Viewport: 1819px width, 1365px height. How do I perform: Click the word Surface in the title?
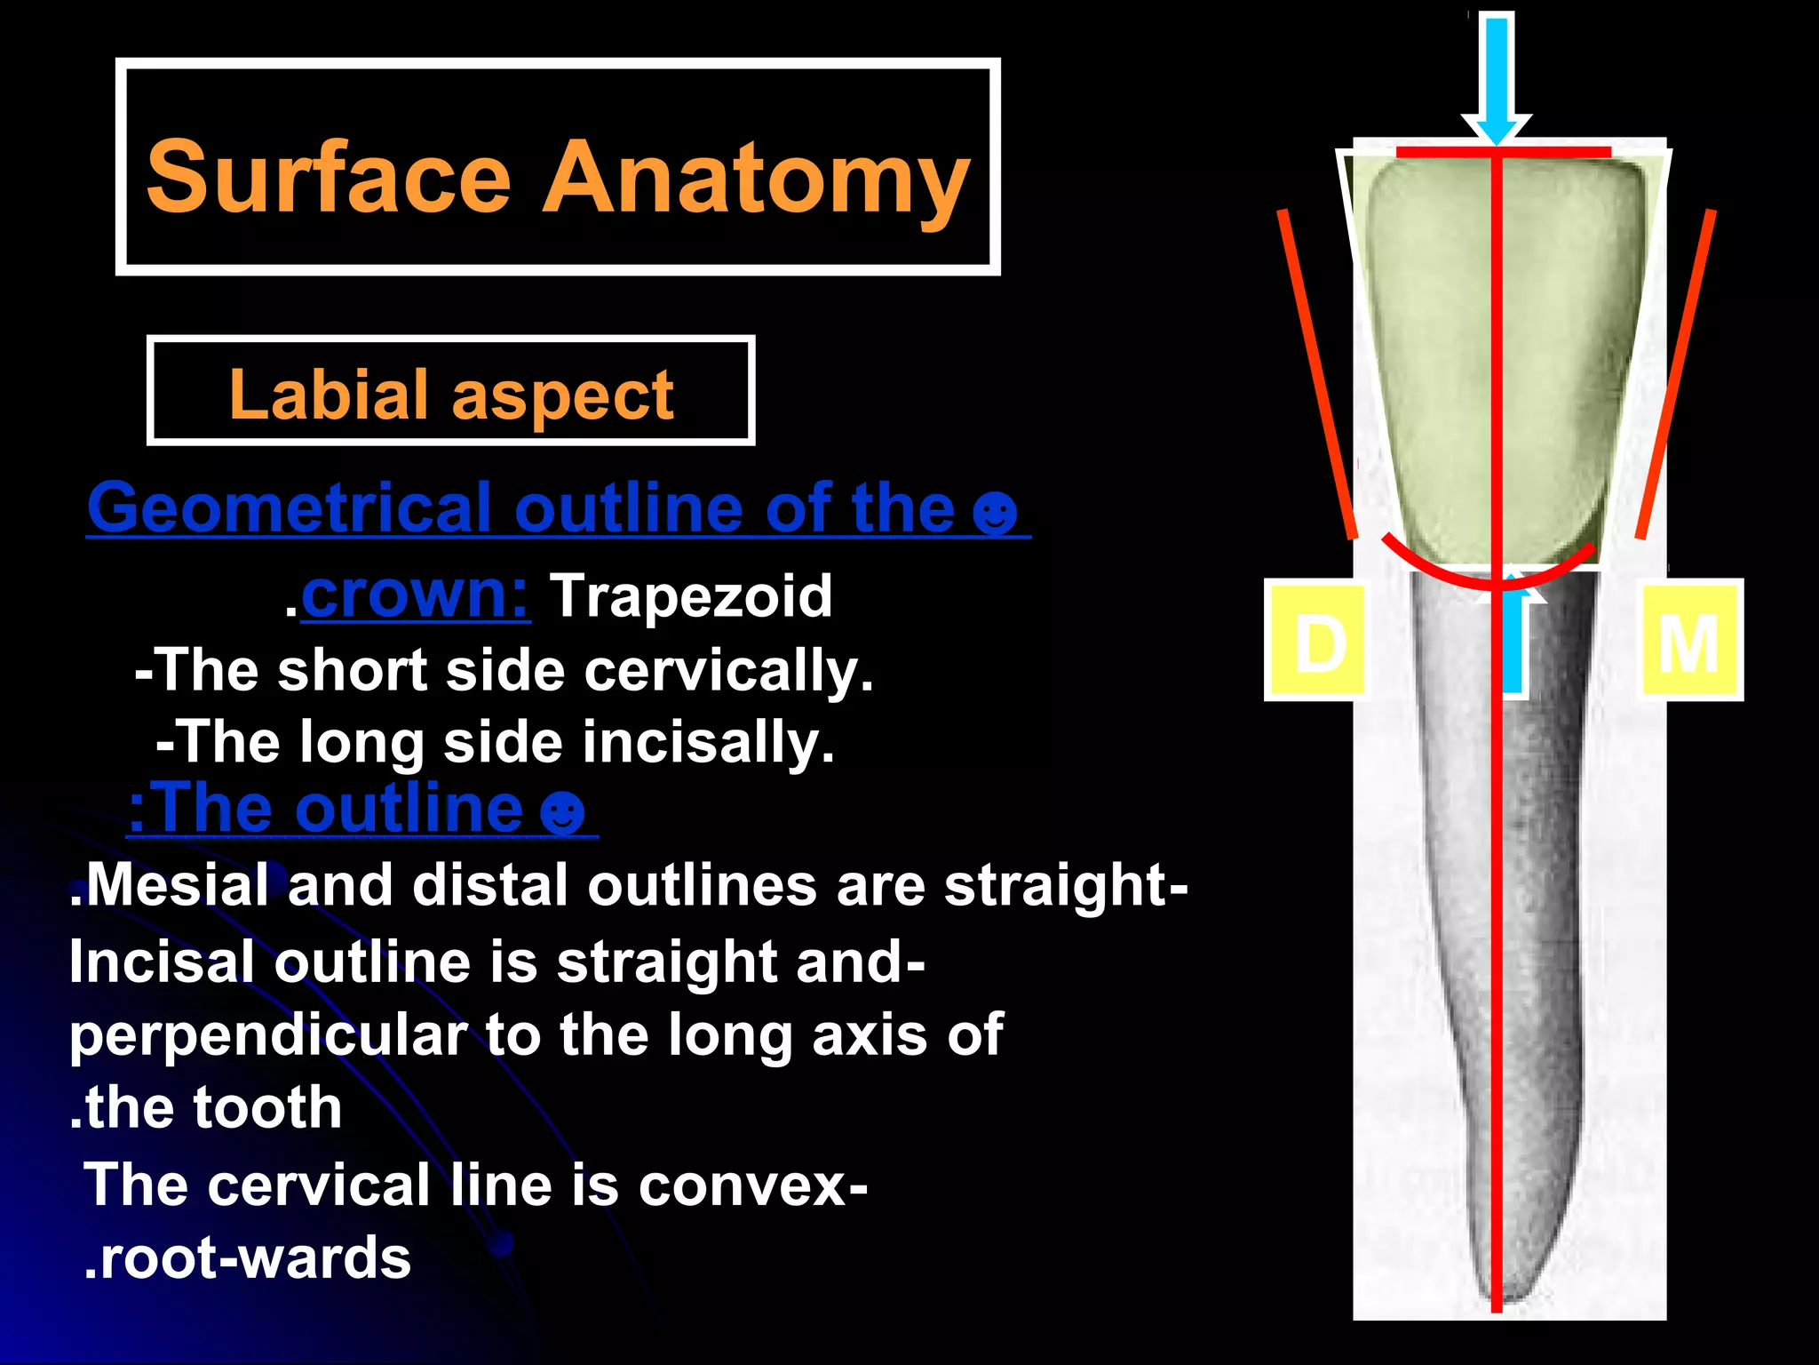pyautogui.click(x=329, y=178)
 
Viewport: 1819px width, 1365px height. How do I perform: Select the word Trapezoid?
pyautogui.click(x=691, y=595)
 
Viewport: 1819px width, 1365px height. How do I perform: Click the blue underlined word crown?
pyautogui.click(x=415, y=594)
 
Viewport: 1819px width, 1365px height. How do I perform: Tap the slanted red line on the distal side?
pyautogui.click(x=1316, y=373)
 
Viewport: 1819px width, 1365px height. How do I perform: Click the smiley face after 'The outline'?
pyautogui.click(x=563, y=811)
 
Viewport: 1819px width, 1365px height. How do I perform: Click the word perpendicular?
pyautogui.click(x=268, y=1035)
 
